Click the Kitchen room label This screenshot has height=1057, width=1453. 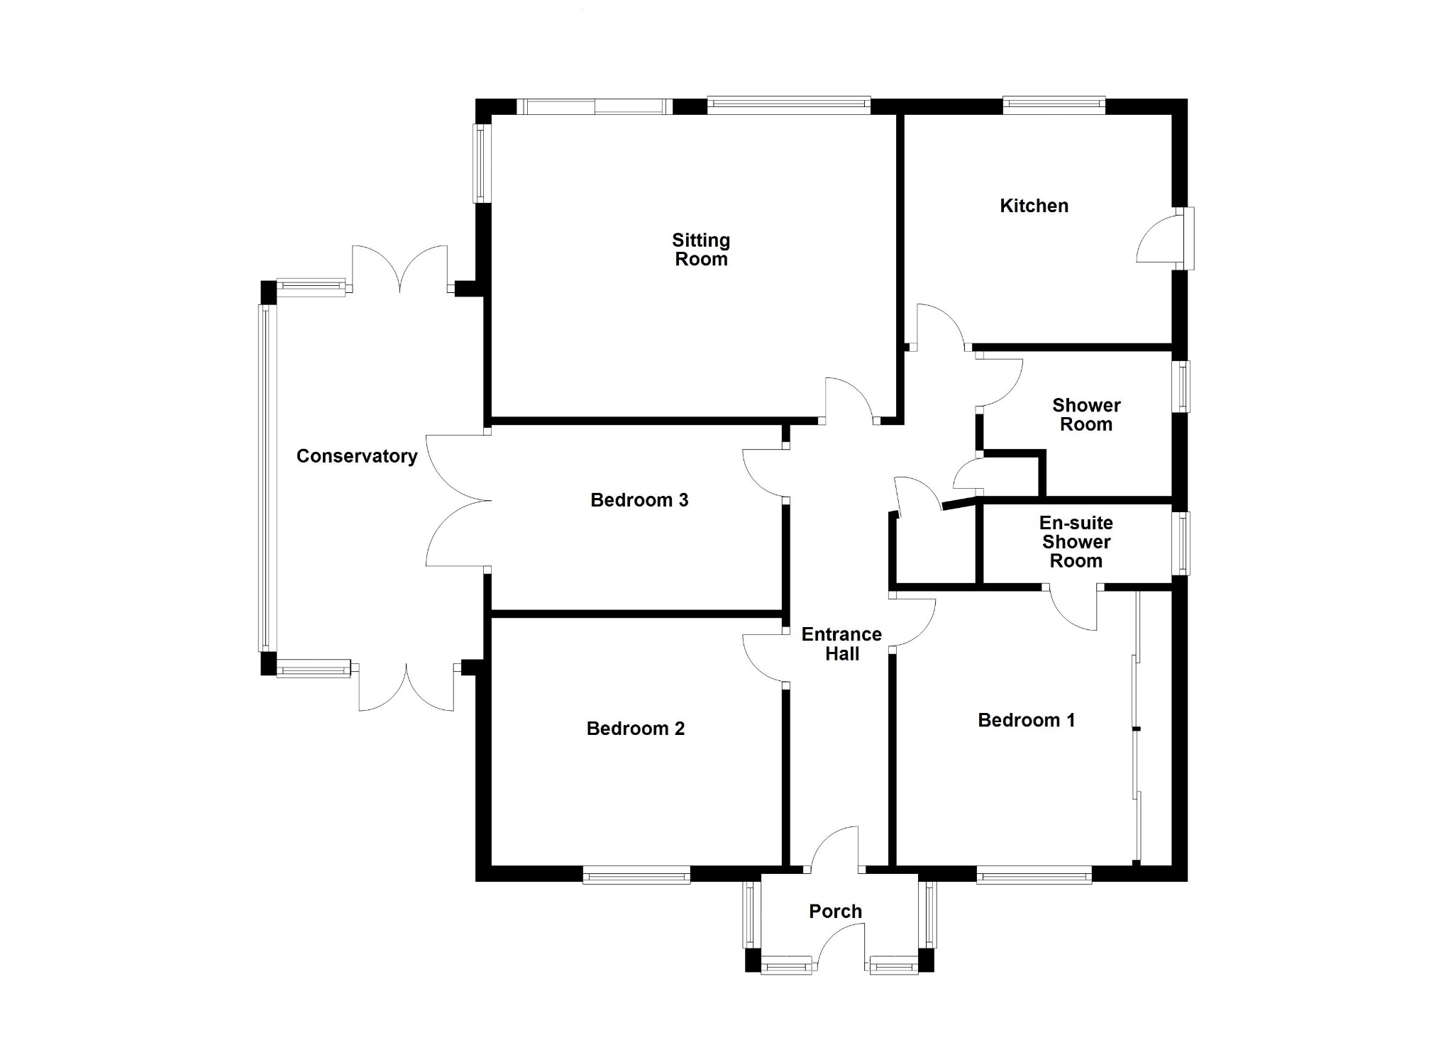point(1034,206)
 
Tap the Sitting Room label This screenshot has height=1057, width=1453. point(701,250)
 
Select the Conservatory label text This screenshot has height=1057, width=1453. point(357,456)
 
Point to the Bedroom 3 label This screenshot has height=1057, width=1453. point(639,500)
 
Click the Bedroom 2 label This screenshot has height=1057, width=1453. point(636,729)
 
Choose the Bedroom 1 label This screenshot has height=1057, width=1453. point(1027,720)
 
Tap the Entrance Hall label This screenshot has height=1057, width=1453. point(842,644)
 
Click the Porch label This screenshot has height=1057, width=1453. point(836,912)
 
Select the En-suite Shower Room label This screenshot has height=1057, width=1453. point(1076,542)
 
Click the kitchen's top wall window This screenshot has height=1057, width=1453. point(1054,106)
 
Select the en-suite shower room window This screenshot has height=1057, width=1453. point(1181,543)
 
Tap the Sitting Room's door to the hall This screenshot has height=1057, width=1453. point(849,402)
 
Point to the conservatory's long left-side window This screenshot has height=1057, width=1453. point(265,478)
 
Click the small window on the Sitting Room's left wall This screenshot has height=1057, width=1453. point(482,163)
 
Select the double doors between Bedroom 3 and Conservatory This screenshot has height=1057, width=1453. point(458,500)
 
